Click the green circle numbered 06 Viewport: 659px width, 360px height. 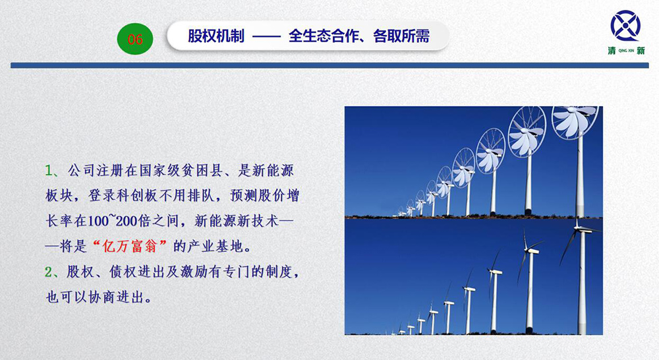pyautogui.click(x=135, y=39)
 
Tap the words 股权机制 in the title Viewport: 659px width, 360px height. pyautogui.click(x=216, y=36)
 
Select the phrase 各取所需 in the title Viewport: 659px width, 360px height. pyautogui.click(x=401, y=36)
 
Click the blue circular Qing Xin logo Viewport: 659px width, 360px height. pyautogui.click(x=625, y=26)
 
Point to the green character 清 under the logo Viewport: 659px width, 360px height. pyautogui.click(x=612, y=51)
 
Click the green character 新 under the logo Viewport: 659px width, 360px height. pyautogui.click(x=641, y=51)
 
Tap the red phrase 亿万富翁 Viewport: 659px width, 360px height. pyautogui.click(x=129, y=247)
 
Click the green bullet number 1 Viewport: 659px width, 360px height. pyautogui.click(x=49, y=171)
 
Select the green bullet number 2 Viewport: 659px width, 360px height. pyautogui.click(x=49, y=272)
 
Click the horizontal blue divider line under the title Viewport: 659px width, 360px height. pyautogui.click(x=329, y=66)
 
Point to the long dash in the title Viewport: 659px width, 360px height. pyautogui.click(x=266, y=37)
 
